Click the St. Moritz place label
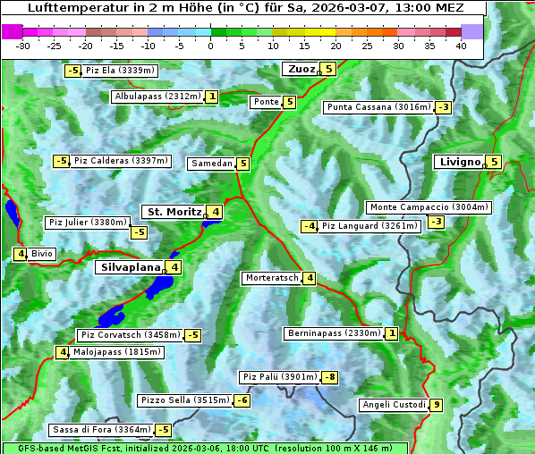(x=172, y=212)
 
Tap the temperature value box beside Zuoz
(x=328, y=69)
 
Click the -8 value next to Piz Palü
(x=330, y=377)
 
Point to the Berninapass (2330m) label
(x=335, y=333)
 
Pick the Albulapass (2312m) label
(x=157, y=97)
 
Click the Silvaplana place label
(x=131, y=266)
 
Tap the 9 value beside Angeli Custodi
(x=437, y=405)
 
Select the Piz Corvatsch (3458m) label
(x=130, y=335)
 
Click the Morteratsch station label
(x=272, y=278)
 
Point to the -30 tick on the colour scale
(x=23, y=46)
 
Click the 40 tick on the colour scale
(x=461, y=46)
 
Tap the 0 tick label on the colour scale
(x=211, y=46)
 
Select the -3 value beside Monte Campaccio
(x=437, y=222)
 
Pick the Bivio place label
(x=42, y=254)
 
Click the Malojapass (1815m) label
(x=116, y=352)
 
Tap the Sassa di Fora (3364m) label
(x=101, y=430)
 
